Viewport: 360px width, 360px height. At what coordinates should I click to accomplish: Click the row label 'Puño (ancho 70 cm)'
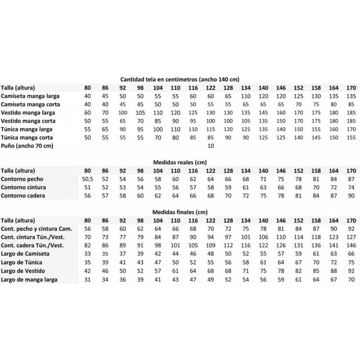26,146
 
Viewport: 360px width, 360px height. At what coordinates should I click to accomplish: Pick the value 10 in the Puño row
209,146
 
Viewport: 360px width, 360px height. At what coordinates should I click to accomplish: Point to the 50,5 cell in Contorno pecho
88,179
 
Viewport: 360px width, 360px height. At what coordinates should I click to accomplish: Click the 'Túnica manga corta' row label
29,137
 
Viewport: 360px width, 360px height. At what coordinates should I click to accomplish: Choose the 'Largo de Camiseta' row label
26,253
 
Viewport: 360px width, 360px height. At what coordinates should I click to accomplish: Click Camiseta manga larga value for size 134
246,96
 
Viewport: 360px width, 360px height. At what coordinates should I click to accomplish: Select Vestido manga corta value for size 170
351,121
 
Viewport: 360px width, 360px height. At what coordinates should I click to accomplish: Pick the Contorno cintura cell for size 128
228,188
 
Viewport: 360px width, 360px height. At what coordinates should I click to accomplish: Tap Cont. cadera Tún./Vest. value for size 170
351,245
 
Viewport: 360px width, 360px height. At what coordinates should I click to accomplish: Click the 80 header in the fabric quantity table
88,88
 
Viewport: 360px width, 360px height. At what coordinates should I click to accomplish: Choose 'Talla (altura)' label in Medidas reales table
18,171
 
